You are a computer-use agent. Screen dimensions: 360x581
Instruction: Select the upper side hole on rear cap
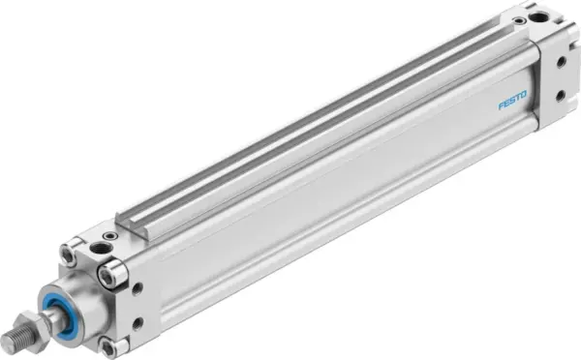point(561,60)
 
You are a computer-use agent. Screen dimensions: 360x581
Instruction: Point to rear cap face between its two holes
point(561,76)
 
